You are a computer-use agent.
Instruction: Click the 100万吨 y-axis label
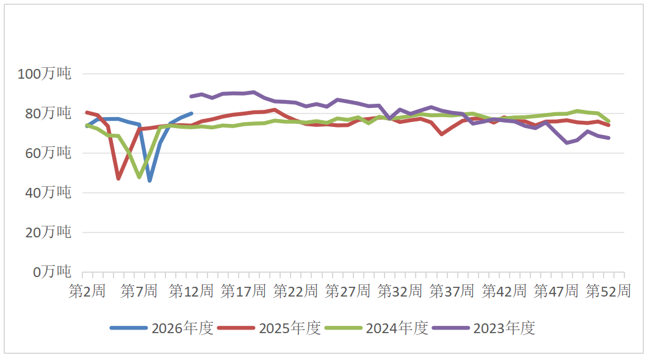point(45,74)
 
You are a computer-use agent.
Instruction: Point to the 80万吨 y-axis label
point(48,114)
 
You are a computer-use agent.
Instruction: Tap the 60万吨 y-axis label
point(48,154)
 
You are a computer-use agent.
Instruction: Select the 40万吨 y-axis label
point(48,193)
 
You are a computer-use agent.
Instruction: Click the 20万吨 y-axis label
point(48,233)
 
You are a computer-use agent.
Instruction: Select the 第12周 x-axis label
point(191,291)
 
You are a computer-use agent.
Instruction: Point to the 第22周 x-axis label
point(295,291)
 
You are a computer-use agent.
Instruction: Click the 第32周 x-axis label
point(400,291)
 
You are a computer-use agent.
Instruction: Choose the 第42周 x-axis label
point(504,291)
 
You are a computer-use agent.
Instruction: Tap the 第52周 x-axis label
point(608,291)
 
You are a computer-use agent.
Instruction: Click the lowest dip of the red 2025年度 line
point(118,179)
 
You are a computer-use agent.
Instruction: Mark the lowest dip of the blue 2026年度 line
point(150,181)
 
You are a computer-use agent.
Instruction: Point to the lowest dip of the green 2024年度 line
point(139,177)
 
